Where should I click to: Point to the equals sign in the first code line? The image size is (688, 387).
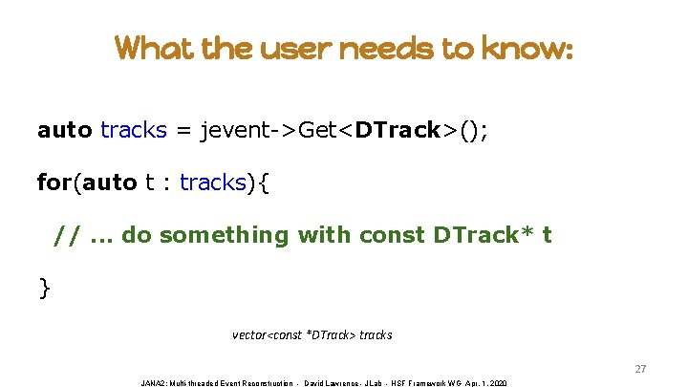coord(183,130)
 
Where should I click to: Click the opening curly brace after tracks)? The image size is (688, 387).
coord(264,182)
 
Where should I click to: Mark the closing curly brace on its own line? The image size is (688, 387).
coord(44,286)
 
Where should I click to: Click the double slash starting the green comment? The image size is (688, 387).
coord(67,234)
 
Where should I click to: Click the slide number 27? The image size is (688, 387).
coord(641,369)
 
